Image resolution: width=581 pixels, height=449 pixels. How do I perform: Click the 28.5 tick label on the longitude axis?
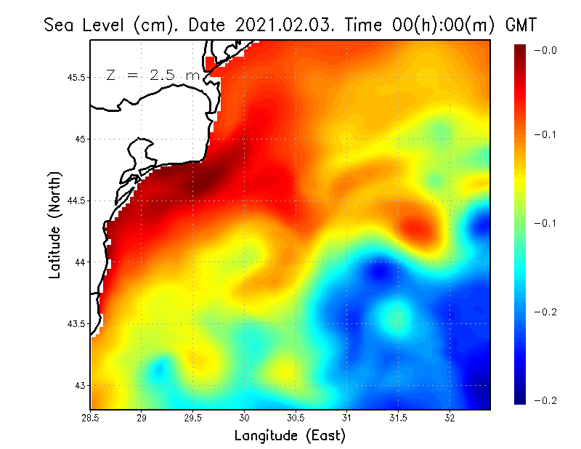tap(90, 418)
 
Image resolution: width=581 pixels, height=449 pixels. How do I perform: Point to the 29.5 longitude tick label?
tap(193, 418)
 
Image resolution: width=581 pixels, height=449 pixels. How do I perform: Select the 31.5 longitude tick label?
tap(398, 418)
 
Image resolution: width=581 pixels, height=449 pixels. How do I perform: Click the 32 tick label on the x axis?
tap(450, 418)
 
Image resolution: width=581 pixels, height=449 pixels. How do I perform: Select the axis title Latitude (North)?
tap(54, 224)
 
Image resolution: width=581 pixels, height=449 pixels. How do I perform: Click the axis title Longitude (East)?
tap(290, 436)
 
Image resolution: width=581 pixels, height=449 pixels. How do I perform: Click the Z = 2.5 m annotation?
tap(153, 75)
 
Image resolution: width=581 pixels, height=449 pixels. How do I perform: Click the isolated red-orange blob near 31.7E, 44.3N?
tap(420, 228)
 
